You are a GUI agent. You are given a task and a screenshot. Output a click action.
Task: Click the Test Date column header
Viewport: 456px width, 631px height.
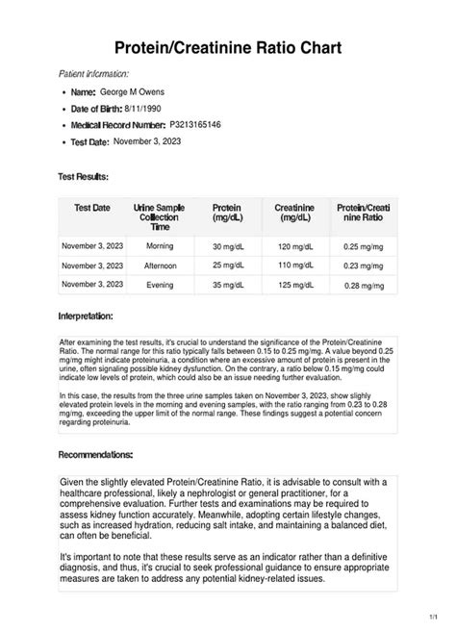(x=92, y=208)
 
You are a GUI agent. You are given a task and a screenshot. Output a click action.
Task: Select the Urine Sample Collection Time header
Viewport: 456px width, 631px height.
(x=160, y=216)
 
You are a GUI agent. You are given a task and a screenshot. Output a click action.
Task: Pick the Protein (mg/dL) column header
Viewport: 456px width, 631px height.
(x=226, y=213)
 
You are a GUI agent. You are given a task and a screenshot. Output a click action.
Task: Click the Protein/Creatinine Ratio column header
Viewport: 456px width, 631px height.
(x=363, y=213)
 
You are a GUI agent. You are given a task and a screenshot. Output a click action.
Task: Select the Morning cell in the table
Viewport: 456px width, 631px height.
(x=160, y=246)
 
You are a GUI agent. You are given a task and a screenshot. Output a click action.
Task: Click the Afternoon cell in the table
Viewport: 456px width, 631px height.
(x=160, y=265)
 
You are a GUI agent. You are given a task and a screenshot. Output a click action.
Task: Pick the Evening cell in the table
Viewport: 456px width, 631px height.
(x=160, y=285)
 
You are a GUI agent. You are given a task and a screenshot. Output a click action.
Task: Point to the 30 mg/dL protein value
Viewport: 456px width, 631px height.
(x=230, y=247)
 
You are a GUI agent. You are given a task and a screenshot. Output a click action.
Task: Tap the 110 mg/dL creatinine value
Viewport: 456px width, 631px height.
(x=297, y=265)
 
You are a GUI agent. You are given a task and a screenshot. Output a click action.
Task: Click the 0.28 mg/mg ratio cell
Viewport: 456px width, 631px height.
(x=364, y=286)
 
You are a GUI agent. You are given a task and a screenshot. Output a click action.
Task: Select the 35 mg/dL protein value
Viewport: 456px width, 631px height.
(x=230, y=285)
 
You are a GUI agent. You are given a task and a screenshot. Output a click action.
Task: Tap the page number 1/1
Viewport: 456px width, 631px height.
(x=439, y=616)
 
